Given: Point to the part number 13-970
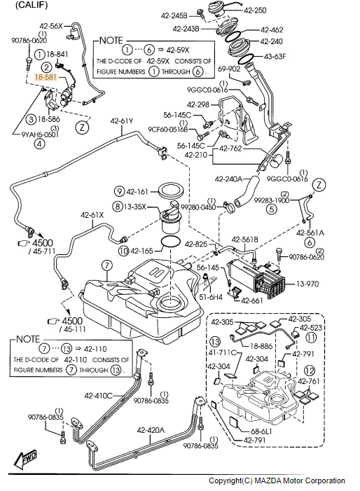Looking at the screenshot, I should point(307,284).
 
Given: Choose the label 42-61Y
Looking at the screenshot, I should point(121,120).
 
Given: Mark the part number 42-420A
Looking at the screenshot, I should point(151,430).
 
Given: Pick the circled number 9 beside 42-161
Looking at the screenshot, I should point(120,191).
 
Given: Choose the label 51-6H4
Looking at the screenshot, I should point(210,297).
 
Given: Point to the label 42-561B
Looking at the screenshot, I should point(242,238).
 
